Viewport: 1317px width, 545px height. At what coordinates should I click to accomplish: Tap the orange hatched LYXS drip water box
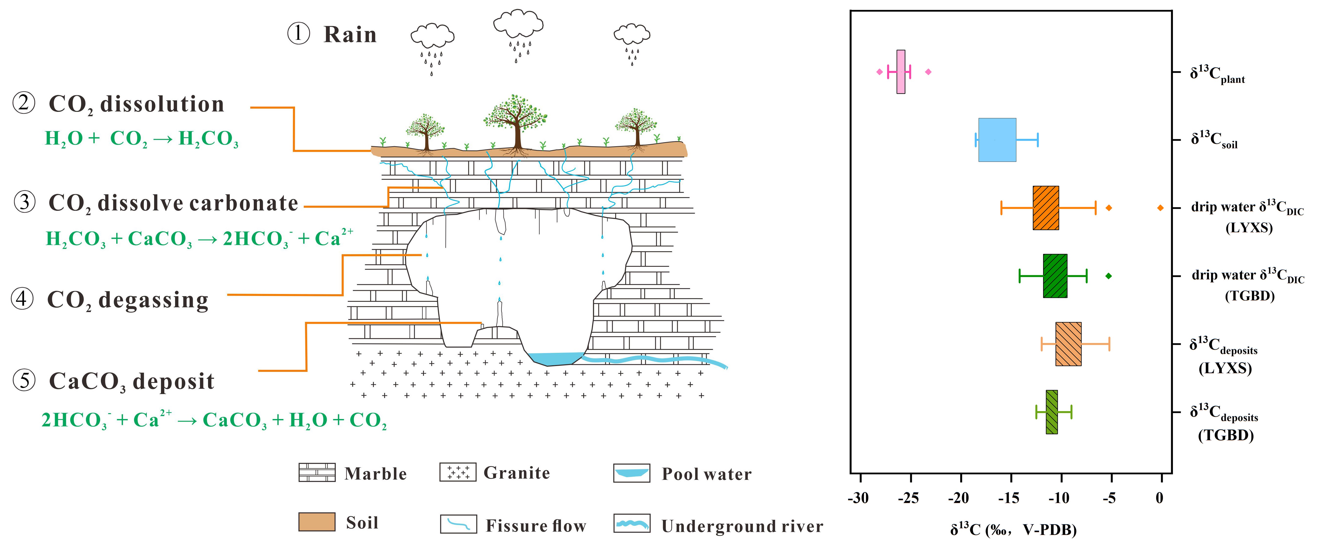tap(1045, 208)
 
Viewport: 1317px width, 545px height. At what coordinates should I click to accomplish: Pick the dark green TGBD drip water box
tap(1055, 276)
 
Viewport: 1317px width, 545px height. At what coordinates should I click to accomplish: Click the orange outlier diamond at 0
tap(1160, 208)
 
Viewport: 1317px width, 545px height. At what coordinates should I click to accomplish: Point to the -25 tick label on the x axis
tap(909, 498)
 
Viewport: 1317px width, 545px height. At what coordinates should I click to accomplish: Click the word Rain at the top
tap(350, 35)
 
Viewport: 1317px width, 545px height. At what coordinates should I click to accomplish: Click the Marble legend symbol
tap(317, 472)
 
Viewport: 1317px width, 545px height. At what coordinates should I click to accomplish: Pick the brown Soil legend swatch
tap(317, 522)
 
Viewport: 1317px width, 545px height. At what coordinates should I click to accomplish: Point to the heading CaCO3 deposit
tap(131, 381)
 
